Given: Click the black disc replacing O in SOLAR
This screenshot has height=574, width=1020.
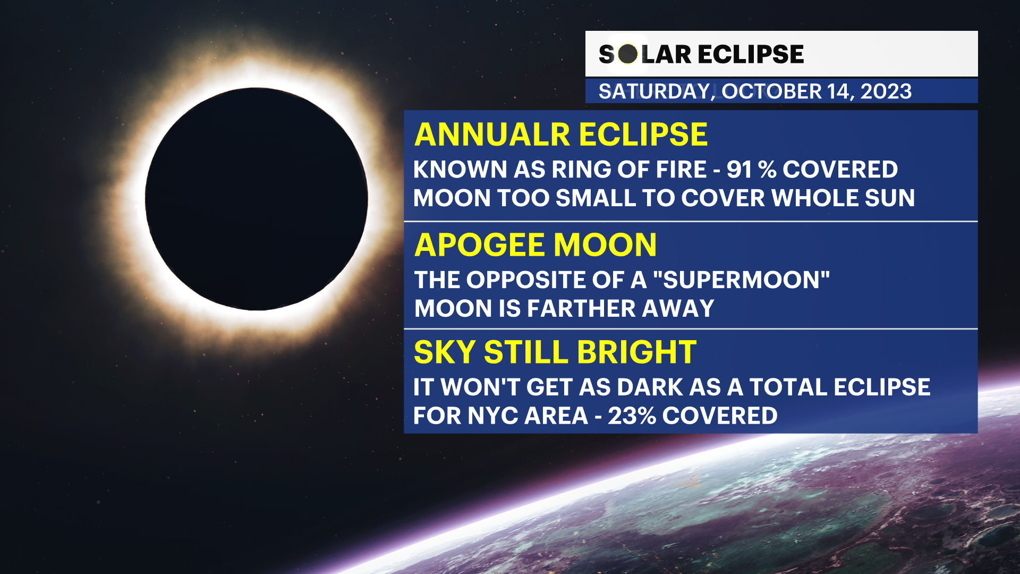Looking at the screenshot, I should coord(628,54).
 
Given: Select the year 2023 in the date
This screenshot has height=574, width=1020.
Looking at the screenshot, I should coord(886,91).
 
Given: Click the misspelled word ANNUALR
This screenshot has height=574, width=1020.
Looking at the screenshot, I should coord(492,134).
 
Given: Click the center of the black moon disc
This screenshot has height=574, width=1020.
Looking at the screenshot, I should coord(257,199).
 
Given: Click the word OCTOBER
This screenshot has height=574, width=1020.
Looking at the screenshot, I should coord(771,91).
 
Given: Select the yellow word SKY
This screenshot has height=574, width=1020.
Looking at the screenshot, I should coord(445,352).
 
